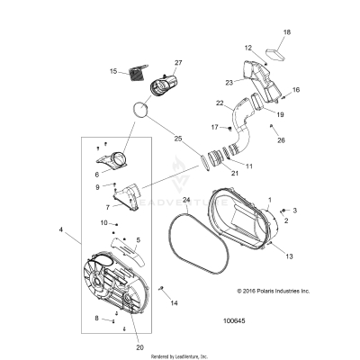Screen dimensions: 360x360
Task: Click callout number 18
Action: pos(287,32)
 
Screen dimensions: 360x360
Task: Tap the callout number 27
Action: pos(178,62)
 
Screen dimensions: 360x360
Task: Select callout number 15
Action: pos(114,71)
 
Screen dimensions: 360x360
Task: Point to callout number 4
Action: pos(61,230)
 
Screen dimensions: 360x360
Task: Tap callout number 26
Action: pos(281,140)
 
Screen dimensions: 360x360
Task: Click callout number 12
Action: pos(248,48)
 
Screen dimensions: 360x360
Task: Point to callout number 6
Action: pos(98,174)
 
